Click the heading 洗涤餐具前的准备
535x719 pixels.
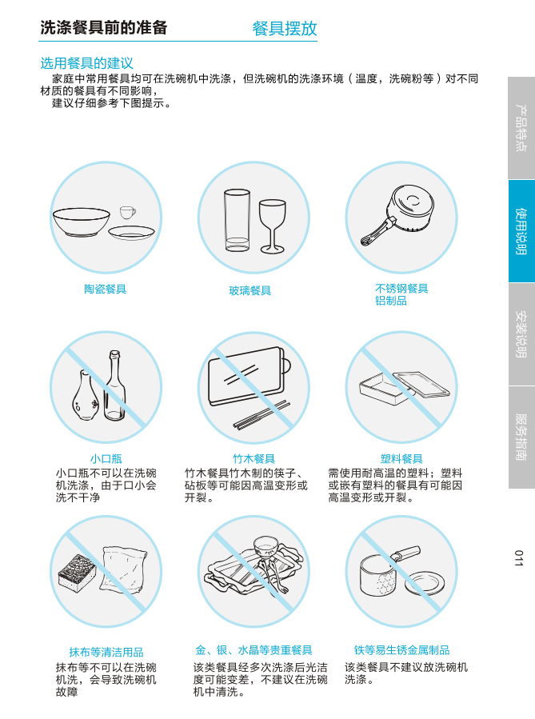(x=104, y=27)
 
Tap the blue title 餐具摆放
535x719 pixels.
(x=285, y=29)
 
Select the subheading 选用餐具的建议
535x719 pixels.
(x=86, y=63)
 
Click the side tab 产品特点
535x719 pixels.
(x=521, y=128)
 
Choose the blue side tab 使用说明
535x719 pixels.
(x=521, y=231)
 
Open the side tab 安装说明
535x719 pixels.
(x=521, y=334)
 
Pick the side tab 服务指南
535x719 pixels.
(x=521, y=437)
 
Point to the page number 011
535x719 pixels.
(x=518, y=558)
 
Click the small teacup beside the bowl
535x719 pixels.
(x=127, y=212)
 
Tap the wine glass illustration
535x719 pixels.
(x=273, y=226)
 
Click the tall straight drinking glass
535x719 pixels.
(x=237, y=220)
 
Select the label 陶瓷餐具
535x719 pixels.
(x=105, y=289)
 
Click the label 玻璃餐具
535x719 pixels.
(x=250, y=290)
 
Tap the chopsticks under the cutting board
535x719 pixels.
(x=262, y=415)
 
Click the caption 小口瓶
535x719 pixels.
(x=106, y=458)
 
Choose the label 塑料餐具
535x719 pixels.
(x=401, y=458)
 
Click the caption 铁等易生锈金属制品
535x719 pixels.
(x=401, y=650)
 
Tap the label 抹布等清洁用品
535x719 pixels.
(x=106, y=652)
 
